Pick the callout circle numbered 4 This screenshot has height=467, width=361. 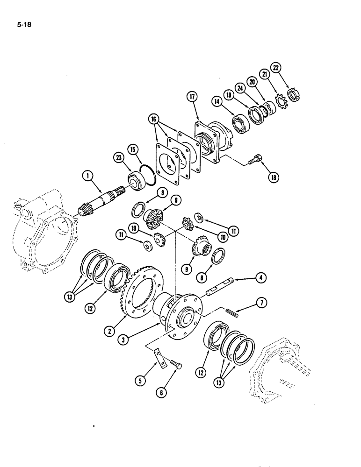click(258, 278)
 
